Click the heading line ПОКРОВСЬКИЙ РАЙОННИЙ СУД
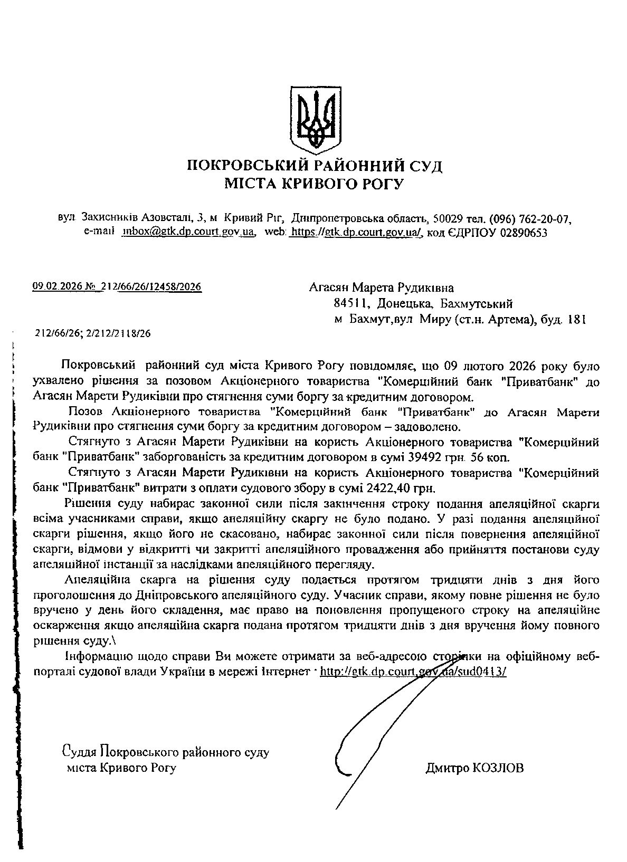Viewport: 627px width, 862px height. pyautogui.click(x=315, y=167)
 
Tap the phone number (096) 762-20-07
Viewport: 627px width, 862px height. pyautogui.click(x=530, y=218)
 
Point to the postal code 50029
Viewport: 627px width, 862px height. pyautogui.click(x=448, y=218)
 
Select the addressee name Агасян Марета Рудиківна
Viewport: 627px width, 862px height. pyautogui.click(x=381, y=288)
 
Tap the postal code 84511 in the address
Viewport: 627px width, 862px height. pyautogui.click(x=348, y=303)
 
